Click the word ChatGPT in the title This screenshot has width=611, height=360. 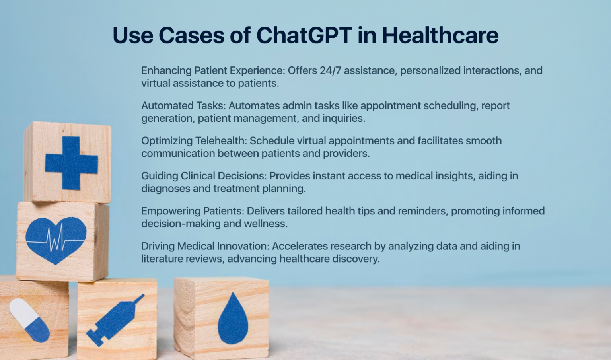304,35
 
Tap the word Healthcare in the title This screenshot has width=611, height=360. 440,35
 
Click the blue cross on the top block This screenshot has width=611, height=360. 72,163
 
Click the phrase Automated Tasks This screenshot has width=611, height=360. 183,106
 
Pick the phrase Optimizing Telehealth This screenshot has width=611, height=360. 194,141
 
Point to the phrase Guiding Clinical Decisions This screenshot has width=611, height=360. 204,176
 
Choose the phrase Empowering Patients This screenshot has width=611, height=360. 193,211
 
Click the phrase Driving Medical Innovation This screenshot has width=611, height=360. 205,246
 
